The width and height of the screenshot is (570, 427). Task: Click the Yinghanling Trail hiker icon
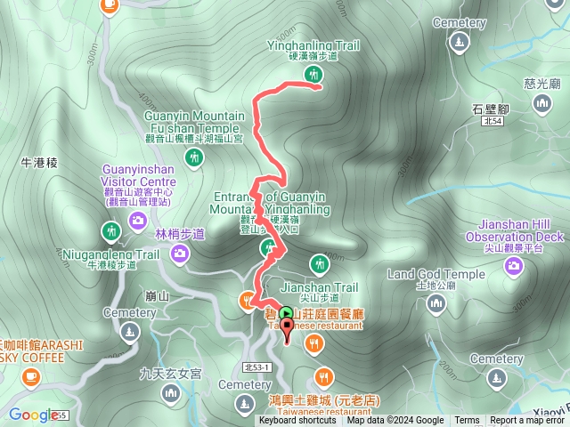pos(313,77)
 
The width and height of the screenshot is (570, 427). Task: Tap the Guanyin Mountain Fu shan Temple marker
pos(193,157)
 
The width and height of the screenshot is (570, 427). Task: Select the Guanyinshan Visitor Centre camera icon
pos(138,220)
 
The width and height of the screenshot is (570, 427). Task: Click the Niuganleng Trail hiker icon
pos(110,233)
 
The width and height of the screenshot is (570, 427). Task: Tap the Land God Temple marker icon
pos(436,304)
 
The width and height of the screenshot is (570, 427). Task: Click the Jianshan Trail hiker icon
pos(319,263)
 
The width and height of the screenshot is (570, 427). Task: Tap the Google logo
pos(34,415)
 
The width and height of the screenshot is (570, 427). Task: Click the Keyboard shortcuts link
pos(297,421)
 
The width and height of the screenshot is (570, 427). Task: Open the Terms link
pos(467,421)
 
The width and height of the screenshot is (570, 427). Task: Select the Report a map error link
pos(527,421)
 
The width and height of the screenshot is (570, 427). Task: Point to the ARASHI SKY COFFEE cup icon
pos(31,377)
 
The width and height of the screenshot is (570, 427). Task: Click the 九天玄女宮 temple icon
pos(171,392)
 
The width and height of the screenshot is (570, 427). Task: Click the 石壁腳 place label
pos(489,107)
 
